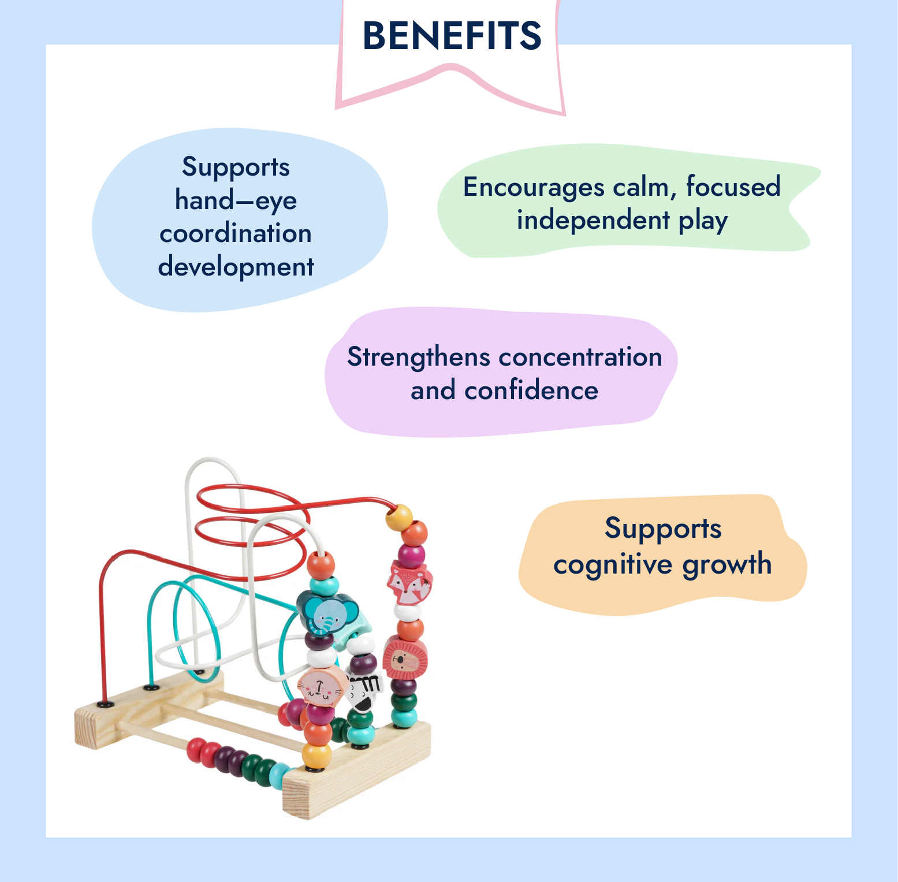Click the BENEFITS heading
(452, 36)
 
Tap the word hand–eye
(236, 201)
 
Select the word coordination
(236, 233)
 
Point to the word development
(236, 267)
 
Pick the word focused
(733, 187)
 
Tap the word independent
(594, 220)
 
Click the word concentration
(580, 357)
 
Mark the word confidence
(531, 390)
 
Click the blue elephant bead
(328, 614)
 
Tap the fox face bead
(409, 583)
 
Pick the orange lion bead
(405, 657)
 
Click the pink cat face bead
(322, 685)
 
